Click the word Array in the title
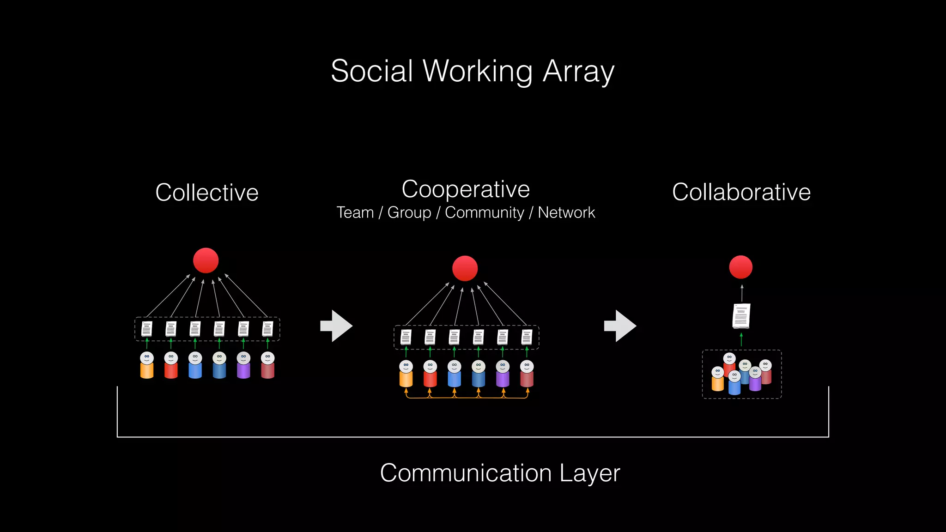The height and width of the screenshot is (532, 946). [578, 72]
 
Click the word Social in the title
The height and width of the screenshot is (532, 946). [372, 72]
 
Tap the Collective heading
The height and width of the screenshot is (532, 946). [206, 193]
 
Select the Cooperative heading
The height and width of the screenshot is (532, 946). [466, 189]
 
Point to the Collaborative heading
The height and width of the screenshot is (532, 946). [741, 192]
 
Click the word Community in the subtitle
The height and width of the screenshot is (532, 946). [485, 212]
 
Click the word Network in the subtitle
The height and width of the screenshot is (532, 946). [566, 212]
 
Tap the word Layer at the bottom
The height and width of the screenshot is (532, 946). [589, 473]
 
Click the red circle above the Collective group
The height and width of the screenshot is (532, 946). [206, 260]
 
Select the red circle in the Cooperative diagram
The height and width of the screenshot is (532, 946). [465, 268]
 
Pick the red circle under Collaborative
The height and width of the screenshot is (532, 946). [740, 267]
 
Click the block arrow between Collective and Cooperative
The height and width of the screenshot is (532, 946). [336, 326]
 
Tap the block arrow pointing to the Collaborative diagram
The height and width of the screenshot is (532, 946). [620, 326]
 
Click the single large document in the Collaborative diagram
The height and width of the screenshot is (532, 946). [741, 316]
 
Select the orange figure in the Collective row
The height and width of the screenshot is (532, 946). [147, 366]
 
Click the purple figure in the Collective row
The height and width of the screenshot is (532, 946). [243, 366]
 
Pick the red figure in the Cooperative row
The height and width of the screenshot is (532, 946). [430, 374]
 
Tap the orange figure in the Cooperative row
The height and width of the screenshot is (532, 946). [406, 374]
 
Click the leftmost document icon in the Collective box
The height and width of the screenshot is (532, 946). [147, 329]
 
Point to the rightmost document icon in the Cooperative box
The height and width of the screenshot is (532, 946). [527, 337]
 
